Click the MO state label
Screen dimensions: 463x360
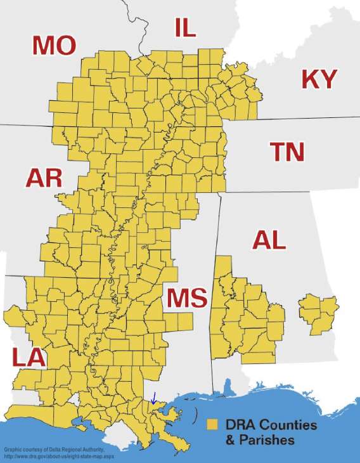click(x=54, y=45)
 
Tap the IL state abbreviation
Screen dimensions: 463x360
click(x=185, y=28)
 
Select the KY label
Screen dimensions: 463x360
click(x=319, y=79)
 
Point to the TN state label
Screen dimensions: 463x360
click(x=287, y=152)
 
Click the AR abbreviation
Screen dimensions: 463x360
click(x=44, y=178)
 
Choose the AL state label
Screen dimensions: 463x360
click(x=269, y=240)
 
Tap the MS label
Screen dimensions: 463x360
click(x=187, y=298)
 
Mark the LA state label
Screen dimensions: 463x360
click(x=29, y=358)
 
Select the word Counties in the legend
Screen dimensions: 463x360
click(x=285, y=424)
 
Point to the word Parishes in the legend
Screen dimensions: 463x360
click(x=266, y=439)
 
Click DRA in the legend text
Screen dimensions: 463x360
click(x=240, y=424)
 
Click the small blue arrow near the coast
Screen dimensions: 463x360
click(x=153, y=398)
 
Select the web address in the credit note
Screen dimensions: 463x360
click(x=60, y=456)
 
